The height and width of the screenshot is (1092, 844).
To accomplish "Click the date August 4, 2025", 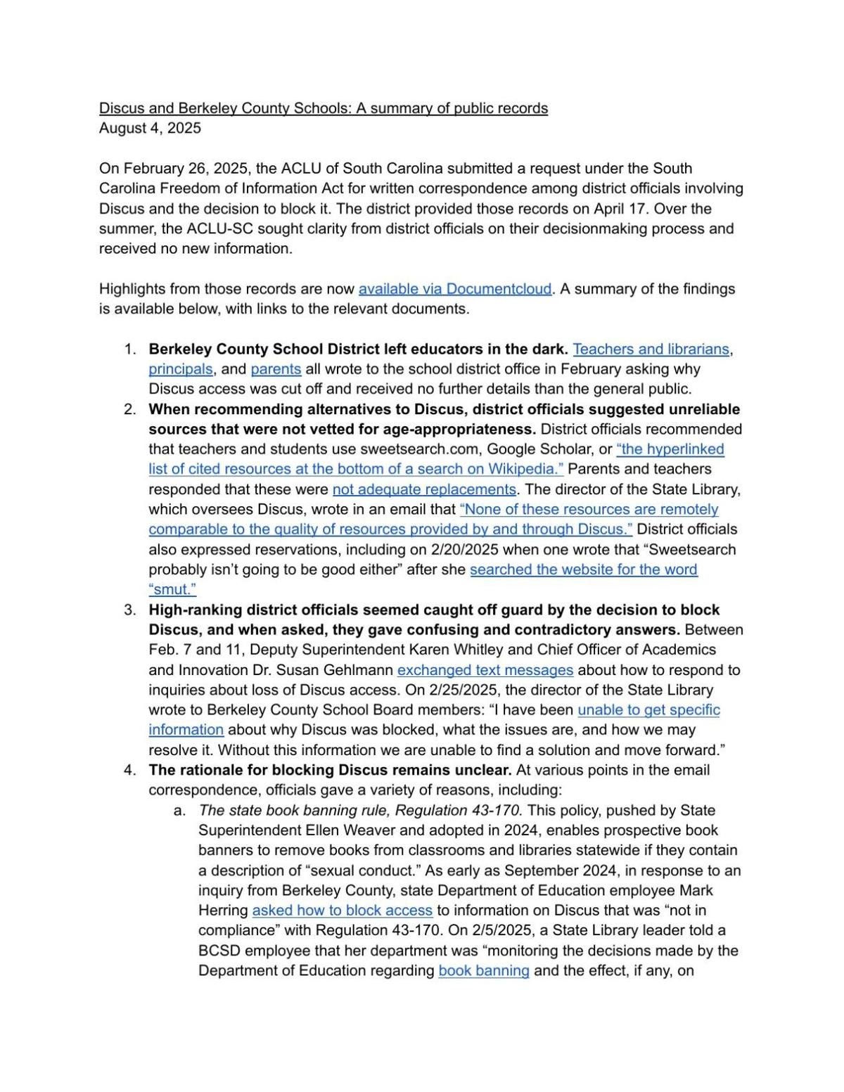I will (x=150, y=128).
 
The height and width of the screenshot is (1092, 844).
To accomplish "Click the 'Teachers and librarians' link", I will (x=651, y=349).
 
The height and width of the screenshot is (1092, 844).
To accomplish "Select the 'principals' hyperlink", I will (x=180, y=369).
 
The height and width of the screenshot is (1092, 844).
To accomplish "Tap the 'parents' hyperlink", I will (x=276, y=369).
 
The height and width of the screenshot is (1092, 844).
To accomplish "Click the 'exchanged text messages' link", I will (x=485, y=670).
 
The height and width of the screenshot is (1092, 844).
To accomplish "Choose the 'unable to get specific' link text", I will (x=648, y=710).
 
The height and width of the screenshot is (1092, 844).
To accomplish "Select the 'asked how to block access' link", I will (x=342, y=911).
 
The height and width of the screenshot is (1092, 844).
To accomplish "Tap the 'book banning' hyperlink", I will (x=483, y=971).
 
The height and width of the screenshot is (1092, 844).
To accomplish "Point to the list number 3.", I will (x=129, y=610).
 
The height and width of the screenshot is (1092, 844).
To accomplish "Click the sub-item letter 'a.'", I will (x=179, y=811).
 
